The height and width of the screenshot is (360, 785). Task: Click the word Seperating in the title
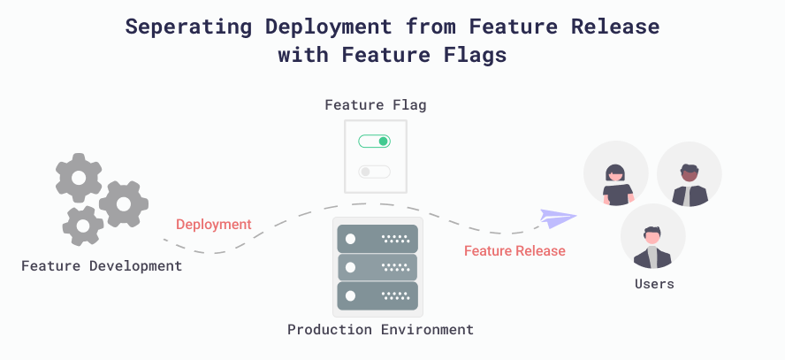click(x=179, y=27)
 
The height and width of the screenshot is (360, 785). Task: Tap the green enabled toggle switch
click(x=374, y=142)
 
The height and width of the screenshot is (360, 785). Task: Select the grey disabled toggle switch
click(x=374, y=172)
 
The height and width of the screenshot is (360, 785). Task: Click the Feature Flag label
click(x=376, y=105)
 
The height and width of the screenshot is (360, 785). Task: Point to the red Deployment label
click(x=213, y=225)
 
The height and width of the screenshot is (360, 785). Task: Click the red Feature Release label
click(x=514, y=251)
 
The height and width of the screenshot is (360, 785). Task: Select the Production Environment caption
click(x=380, y=330)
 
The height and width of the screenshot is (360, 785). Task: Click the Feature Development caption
click(x=102, y=265)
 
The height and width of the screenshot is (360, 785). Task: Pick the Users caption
click(x=654, y=284)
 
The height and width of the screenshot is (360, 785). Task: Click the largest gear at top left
click(x=79, y=177)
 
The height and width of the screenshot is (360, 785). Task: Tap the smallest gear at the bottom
click(x=83, y=226)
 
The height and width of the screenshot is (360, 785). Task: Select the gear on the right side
click(x=123, y=203)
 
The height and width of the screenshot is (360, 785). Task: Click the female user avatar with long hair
click(x=616, y=173)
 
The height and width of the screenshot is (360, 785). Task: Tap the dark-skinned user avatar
click(x=689, y=173)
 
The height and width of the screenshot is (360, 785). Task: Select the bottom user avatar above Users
click(x=652, y=237)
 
